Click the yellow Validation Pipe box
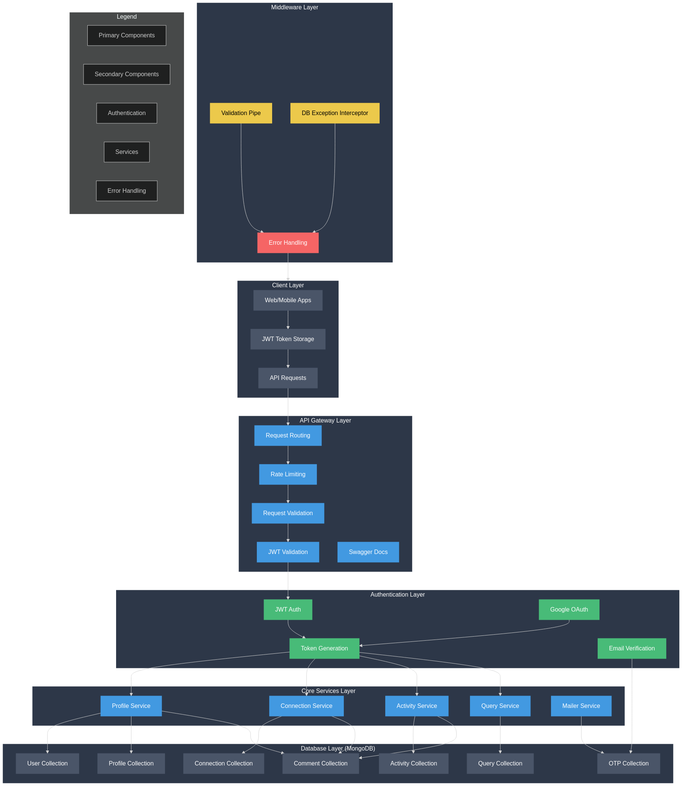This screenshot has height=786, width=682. tap(241, 113)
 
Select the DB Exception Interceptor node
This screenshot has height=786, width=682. tap(334, 113)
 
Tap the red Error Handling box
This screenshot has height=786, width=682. tap(288, 242)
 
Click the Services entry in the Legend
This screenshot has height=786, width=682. tap(127, 152)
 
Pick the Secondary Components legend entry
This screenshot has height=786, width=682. tap(127, 74)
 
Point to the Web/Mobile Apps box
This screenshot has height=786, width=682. tap(288, 300)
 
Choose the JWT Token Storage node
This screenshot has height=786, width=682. tap(288, 339)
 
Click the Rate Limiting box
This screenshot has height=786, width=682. tap(288, 474)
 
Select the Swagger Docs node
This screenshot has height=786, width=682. tap(368, 552)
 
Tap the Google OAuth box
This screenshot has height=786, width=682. tap(569, 609)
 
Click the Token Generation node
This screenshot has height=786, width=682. tap(324, 648)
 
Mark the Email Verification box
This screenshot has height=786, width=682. tap(632, 648)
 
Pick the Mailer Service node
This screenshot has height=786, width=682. tap(581, 706)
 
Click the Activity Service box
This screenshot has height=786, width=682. tap(417, 706)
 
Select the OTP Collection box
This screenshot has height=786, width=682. tap(628, 763)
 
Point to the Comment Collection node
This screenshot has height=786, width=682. tap(320, 763)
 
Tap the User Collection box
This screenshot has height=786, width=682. tap(47, 763)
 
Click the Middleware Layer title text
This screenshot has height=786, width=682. tap(295, 7)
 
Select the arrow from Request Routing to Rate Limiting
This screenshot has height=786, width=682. tap(288, 455)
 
